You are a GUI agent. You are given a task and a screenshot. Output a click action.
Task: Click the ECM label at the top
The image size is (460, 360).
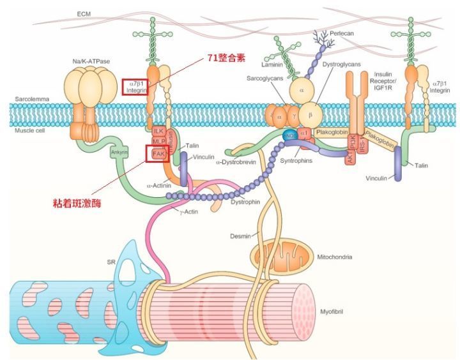click(x=84, y=13)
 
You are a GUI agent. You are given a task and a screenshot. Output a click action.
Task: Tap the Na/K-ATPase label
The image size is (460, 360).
click(x=91, y=61)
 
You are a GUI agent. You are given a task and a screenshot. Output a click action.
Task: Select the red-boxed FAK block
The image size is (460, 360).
click(x=157, y=153)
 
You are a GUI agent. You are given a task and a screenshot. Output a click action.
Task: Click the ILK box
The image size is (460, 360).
click(x=157, y=131)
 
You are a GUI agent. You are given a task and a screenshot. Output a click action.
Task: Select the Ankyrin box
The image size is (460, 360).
click(x=119, y=152)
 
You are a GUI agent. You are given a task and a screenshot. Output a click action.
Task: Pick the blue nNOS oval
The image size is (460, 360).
click(x=289, y=136)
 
